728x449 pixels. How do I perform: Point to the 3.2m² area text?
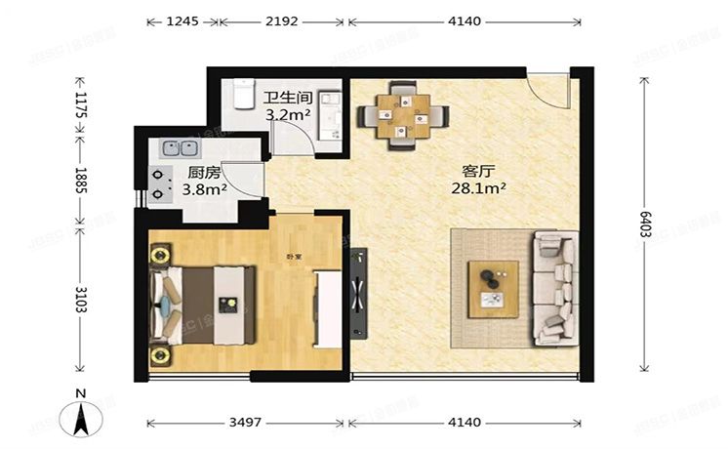click(288, 115)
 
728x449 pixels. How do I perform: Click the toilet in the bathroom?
click(241, 94)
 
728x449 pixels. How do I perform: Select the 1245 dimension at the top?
click(182, 20)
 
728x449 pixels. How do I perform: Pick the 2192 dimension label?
click(280, 20)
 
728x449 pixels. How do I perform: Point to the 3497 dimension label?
click(244, 423)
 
